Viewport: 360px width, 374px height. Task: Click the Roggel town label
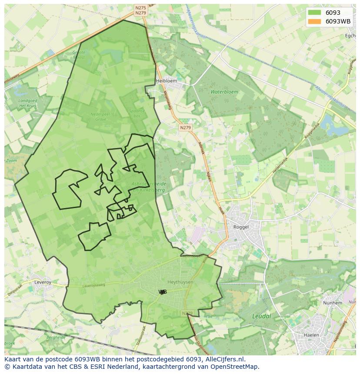(x=241, y=227)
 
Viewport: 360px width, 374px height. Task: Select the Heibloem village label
(x=167, y=81)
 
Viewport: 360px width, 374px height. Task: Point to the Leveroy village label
(x=43, y=282)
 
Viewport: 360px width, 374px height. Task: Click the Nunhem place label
(x=331, y=303)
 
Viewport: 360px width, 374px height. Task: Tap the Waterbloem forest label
(x=224, y=92)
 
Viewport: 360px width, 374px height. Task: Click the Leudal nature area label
(x=261, y=316)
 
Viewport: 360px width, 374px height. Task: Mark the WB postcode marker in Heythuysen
(x=163, y=292)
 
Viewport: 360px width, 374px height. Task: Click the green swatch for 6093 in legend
(x=313, y=13)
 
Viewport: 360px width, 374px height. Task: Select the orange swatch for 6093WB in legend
(x=313, y=21)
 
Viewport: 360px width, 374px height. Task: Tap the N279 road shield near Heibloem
(x=185, y=128)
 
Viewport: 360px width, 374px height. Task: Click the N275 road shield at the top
(x=140, y=8)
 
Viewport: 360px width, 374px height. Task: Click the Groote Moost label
(x=79, y=54)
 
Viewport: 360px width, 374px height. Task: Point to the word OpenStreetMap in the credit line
(x=236, y=367)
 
